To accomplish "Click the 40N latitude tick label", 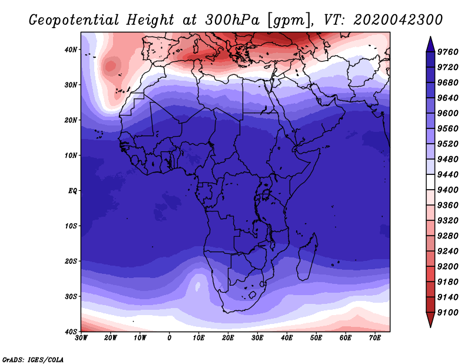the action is click(x=71, y=49).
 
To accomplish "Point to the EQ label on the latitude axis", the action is click(x=72, y=191).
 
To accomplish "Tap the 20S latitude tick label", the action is click(x=71, y=261).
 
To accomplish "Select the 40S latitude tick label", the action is click(x=71, y=332).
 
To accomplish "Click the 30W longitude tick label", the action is click(x=81, y=338).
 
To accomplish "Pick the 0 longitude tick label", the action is click(x=170, y=338).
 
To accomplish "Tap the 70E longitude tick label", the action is click(x=375, y=338).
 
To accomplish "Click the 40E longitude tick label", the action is click(x=287, y=338).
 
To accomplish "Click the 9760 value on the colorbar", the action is click(x=447, y=52).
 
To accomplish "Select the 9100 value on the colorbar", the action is click(x=447, y=313).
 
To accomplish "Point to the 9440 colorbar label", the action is click(x=447, y=174).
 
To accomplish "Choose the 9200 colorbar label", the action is click(x=447, y=267).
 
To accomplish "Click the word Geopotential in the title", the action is click(x=74, y=20).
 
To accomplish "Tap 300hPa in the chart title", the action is click(x=232, y=20).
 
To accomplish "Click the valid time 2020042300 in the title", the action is click(x=398, y=20).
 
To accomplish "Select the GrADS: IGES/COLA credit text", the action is click(x=33, y=360).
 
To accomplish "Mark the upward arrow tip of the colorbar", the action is click(x=430, y=37).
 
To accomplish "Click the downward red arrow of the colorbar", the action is click(x=430, y=320).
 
